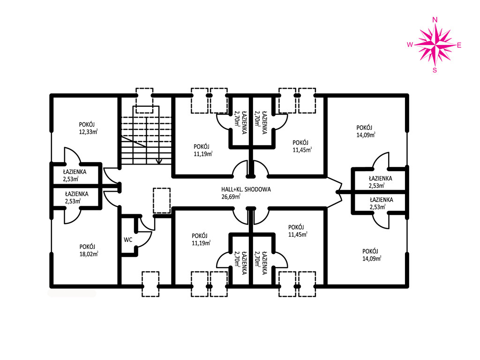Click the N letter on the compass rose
click(x=435, y=20)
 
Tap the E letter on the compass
click(x=459, y=45)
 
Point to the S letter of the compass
click(x=435, y=70)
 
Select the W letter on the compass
click(x=410, y=45)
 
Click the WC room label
click(x=128, y=240)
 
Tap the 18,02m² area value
click(x=89, y=254)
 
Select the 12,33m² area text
click(x=88, y=132)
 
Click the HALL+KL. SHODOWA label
click(x=246, y=189)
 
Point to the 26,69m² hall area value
click(x=231, y=196)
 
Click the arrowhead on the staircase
click(x=158, y=161)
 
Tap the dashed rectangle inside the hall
click(x=162, y=201)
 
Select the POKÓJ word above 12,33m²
click(x=87, y=125)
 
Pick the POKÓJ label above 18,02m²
click(x=87, y=247)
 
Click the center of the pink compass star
click(x=435, y=45)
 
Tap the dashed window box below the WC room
click(x=150, y=284)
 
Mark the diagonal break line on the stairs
click(x=134, y=142)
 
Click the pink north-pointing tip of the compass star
click(x=435, y=24)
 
